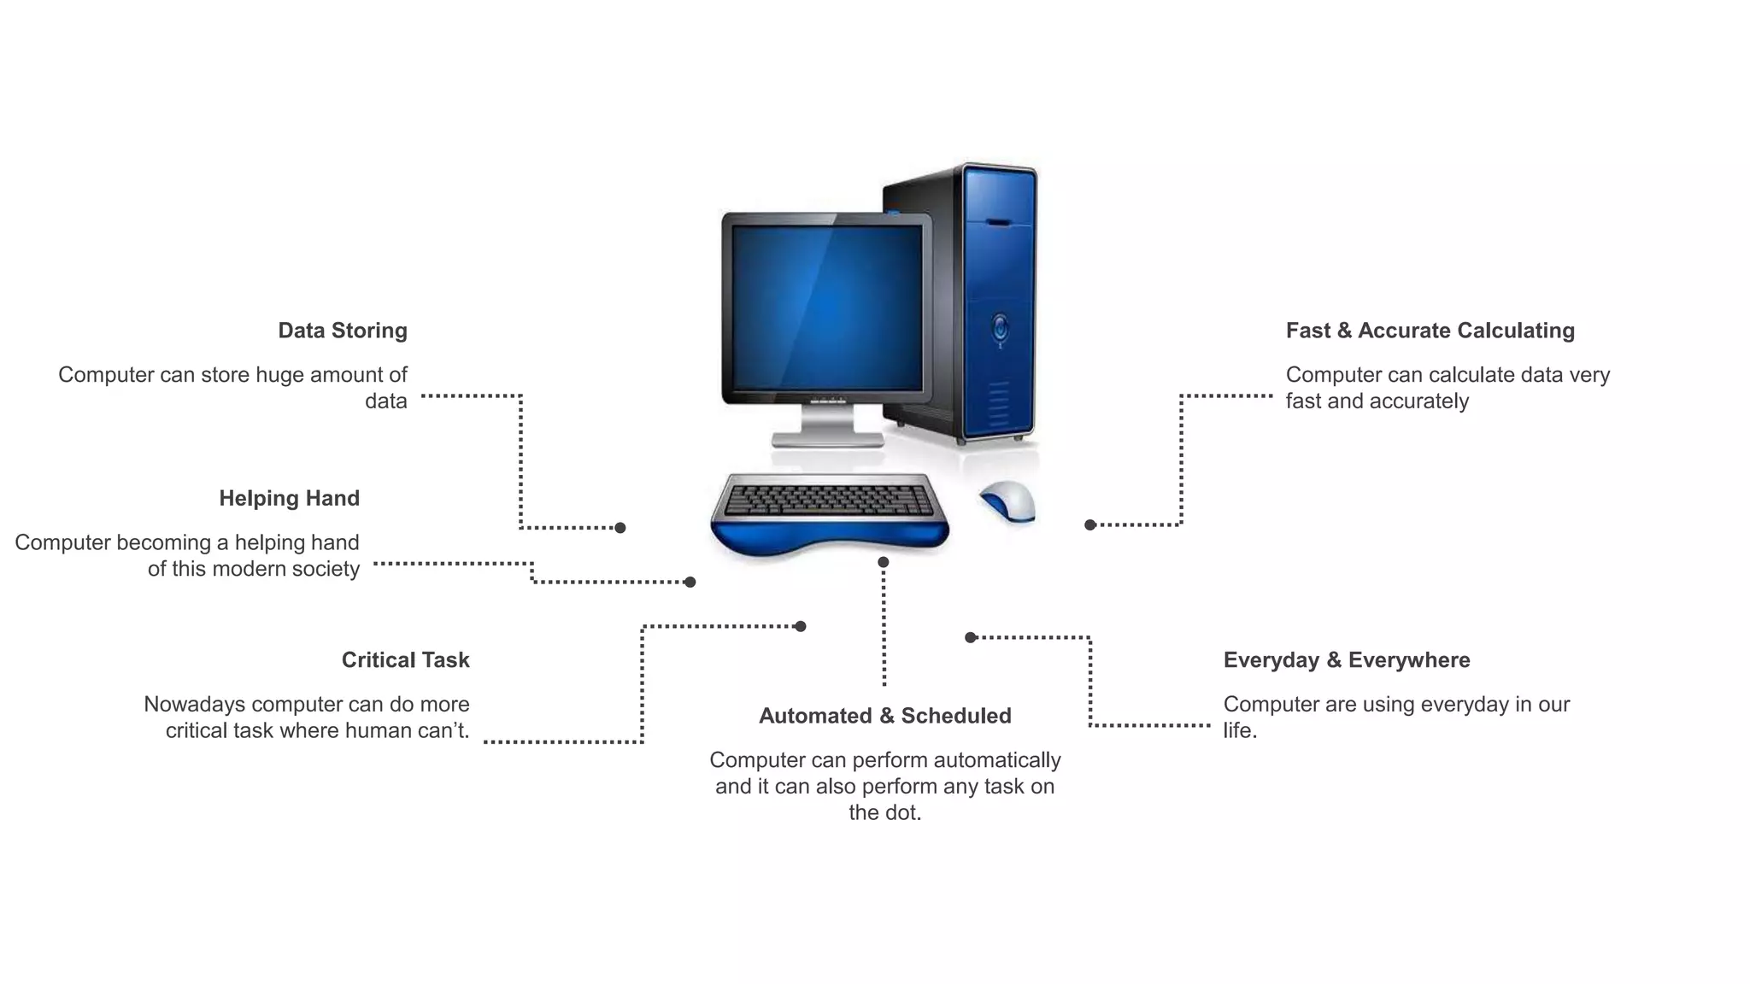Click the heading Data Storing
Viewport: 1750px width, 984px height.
point(343,331)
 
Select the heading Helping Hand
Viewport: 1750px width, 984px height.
point(289,498)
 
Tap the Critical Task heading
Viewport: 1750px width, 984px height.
point(405,660)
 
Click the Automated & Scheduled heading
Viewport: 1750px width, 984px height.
point(884,716)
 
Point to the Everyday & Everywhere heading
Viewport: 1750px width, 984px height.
point(1346,660)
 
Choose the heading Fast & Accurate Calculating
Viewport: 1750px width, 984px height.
point(1430,331)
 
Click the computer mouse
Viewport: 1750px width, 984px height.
point(1008,501)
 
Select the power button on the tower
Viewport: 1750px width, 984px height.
point(1000,327)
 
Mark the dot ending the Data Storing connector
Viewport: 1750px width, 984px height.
point(620,528)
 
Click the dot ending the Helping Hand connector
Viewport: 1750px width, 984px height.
point(690,583)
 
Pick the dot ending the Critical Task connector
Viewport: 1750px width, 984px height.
point(801,627)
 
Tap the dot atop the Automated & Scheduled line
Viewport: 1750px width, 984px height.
point(884,562)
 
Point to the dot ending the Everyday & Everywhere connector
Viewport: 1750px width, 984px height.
point(971,637)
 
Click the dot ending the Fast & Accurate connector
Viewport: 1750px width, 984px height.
point(1090,525)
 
